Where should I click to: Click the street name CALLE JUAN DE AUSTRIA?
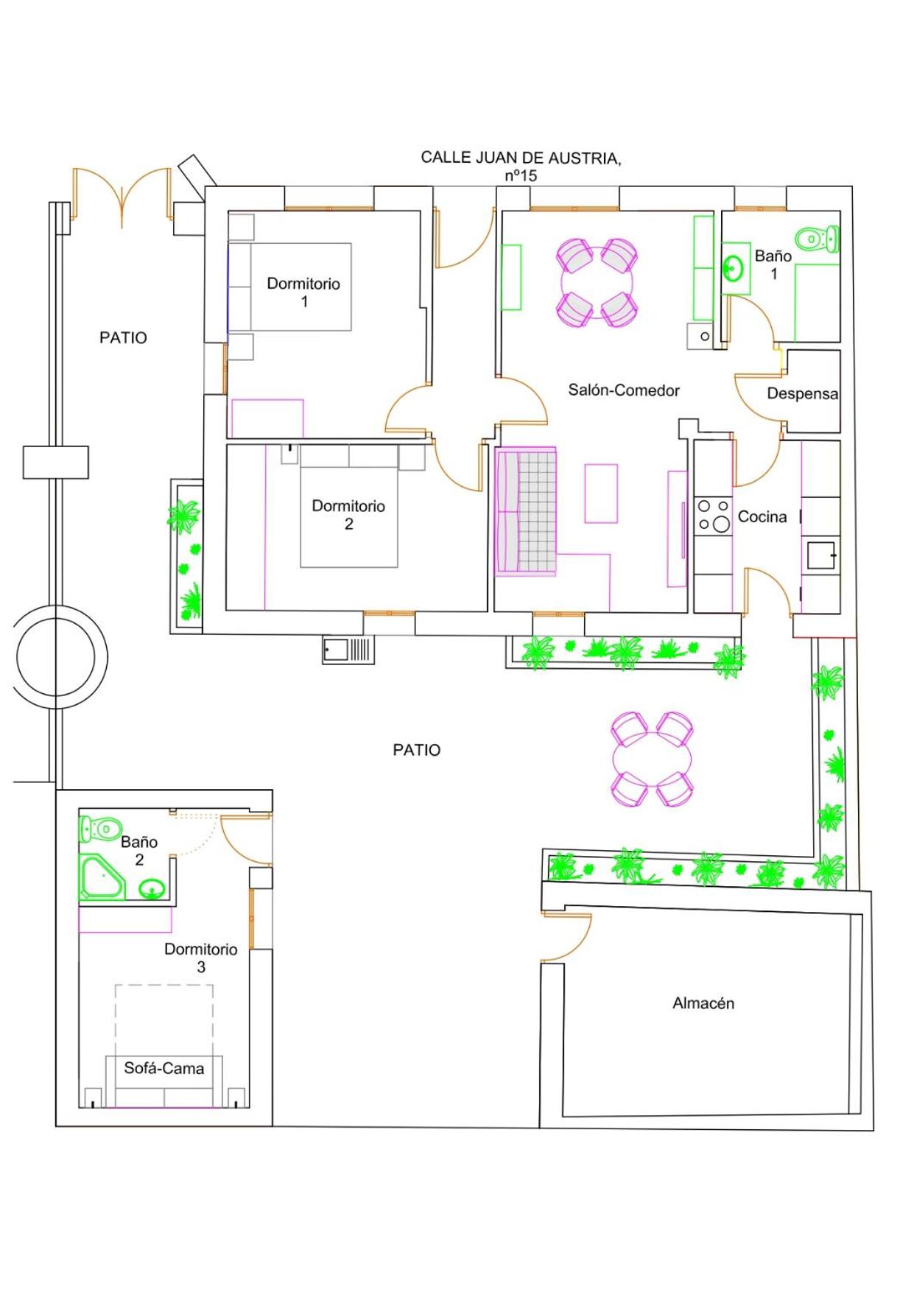tap(520, 158)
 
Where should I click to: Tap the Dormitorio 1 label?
tap(303, 292)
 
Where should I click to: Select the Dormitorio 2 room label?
tap(348, 514)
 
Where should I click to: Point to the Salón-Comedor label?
tap(623, 390)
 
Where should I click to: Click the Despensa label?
tap(802, 393)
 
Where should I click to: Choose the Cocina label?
tap(762, 516)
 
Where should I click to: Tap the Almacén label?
tap(703, 1003)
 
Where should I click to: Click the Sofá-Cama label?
tap(164, 1067)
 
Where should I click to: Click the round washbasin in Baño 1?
tap(734, 268)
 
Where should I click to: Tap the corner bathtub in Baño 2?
tap(102, 877)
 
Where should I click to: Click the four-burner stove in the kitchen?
tap(713, 515)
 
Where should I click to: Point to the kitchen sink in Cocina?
tap(821, 555)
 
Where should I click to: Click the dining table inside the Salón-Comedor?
tap(597, 283)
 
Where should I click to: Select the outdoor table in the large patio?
tap(653, 759)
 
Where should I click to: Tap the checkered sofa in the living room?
tap(526, 510)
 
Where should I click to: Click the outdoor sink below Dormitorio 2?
tap(348, 650)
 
